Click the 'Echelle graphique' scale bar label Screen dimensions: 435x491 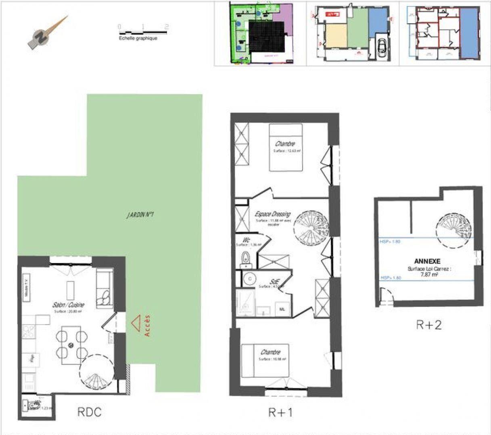138,38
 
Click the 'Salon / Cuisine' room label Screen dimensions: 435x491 68,305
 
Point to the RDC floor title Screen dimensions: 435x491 89,412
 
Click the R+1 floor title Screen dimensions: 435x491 280,412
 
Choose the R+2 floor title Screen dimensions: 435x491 428,325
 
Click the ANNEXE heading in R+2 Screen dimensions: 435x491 427,261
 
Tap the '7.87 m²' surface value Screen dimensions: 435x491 429,275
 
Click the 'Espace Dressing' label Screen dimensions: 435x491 272,214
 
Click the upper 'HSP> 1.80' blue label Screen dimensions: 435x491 390,242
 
